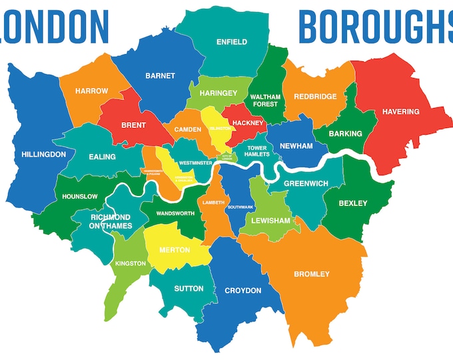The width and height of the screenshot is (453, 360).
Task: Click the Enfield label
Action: pyautogui.click(x=231, y=42)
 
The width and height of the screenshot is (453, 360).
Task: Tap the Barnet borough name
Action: pyautogui.click(x=160, y=76)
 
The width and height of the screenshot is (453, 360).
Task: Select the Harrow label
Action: pyautogui.click(x=91, y=91)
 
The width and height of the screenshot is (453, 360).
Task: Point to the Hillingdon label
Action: pyautogui.click(x=43, y=155)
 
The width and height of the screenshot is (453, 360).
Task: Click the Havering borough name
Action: pyautogui.click(x=400, y=111)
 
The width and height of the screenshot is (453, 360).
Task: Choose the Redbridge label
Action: pyautogui.click(x=315, y=97)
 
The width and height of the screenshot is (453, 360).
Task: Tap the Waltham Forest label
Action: pyautogui.click(x=266, y=100)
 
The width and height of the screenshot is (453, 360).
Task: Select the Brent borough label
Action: pyautogui.click(x=134, y=125)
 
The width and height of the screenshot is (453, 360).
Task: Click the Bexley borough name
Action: pyautogui.click(x=352, y=203)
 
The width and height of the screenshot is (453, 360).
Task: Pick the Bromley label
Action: pyautogui.click(x=312, y=274)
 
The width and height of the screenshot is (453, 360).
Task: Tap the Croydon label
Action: pyautogui.click(x=242, y=291)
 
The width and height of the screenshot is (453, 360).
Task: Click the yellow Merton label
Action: pyautogui.click(x=175, y=250)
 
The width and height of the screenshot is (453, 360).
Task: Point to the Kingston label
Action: pyautogui.click(x=130, y=263)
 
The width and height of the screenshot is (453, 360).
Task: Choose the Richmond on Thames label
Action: pyautogui.click(x=110, y=222)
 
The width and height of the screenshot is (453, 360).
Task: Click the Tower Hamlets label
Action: pyautogui.click(x=256, y=151)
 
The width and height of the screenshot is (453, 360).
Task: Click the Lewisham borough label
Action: pyautogui.click(x=271, y=221)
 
